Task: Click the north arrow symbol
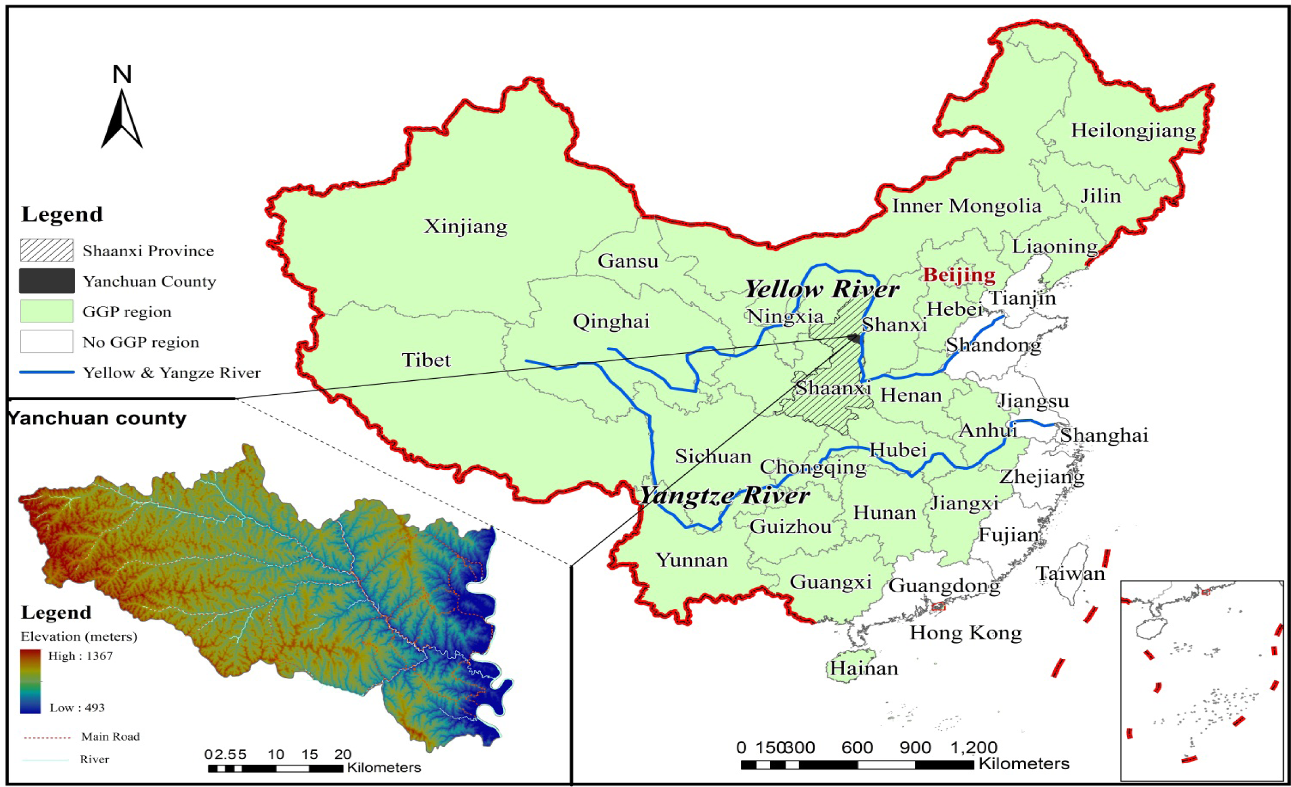(x=122, y=119)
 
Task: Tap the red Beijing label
(x=959, y=275)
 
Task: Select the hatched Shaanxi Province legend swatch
(x=47, y=250)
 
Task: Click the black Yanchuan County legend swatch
(x=47, y=280)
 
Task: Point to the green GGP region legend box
(x=47, y=311)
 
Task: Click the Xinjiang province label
(x=465, y=226)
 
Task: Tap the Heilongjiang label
(x=1133, y=131)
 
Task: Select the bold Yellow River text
(x=821, y=290)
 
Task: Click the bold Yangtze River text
(x=724, y=496)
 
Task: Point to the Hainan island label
(x=863, y=669)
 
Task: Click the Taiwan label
(x=1070, y=573)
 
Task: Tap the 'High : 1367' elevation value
(x=80, y=656)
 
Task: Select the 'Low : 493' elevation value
(x=77, y=708)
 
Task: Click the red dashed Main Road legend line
(x=47, y=737)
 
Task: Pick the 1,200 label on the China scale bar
(x=973, y=748)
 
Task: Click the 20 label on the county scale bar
(x=342, y=754)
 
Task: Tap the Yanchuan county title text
(x=98, y=418)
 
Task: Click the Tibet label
(x=426, y=360)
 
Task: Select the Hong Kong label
(x=965, y=633)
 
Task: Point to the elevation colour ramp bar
(x=31, y=681)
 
